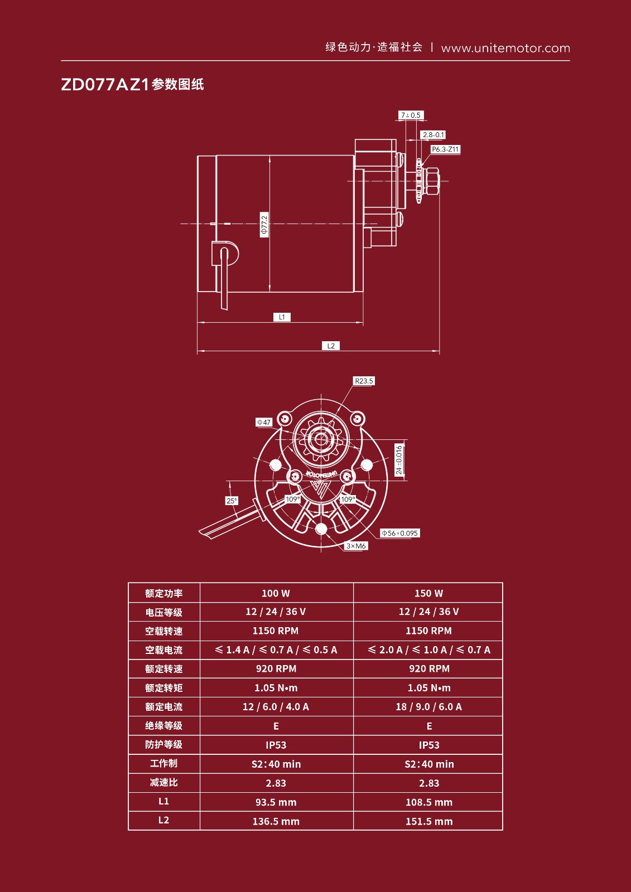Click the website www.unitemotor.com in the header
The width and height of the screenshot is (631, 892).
tap(505, 48)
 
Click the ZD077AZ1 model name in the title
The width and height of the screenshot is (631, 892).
tap(105, 85)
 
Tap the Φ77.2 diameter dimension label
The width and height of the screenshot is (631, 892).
tap(264, 224)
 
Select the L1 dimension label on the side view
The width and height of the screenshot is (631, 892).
tap(282, 317)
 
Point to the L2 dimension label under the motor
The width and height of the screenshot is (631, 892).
tap(331, 346)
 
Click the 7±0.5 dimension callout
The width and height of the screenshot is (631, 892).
tap(411, 115)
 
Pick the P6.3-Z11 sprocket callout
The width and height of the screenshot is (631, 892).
tap(445, 149)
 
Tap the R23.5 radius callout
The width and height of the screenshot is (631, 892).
tap(364, 381)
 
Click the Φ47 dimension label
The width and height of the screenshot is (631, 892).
tap(263, 422)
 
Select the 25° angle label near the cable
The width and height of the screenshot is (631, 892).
tap(232, 501)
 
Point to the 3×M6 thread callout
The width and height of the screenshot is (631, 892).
tap(356, 546)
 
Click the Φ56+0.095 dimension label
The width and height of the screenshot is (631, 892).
tap(399, 533)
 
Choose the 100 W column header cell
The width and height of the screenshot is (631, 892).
tap(276, 593)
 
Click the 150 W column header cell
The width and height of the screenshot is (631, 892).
tap(428, 593)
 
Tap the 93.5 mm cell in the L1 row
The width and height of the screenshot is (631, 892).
tap(276, 802)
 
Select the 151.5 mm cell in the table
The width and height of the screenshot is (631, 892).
tap(428, 821)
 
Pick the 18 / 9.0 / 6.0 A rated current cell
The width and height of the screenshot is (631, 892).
tap(428, 707)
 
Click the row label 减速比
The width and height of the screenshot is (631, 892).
tap(163, 783)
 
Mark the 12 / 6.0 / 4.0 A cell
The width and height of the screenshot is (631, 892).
tap(276, 707)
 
